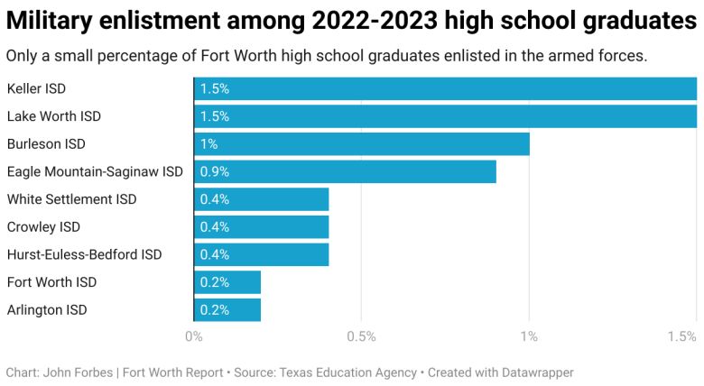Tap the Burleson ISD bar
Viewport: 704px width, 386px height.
[361, 144]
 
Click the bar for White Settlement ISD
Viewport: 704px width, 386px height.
[261, 199]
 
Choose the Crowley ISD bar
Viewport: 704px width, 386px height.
[261, 227]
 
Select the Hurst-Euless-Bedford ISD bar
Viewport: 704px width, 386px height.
[261, 254]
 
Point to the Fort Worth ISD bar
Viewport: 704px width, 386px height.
[227, 282]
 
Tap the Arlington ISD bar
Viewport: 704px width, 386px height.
[227, 310]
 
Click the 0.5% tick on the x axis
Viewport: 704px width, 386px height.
[361, 337]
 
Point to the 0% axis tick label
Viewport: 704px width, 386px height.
[193, 337]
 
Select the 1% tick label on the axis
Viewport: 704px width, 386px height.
[529, 337]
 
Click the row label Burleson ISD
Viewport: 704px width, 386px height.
[46, 144]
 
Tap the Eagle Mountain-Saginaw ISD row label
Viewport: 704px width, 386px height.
[95, 171]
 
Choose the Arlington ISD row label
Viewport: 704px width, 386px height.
[47, 310]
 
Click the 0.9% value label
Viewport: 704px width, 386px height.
[215, 171]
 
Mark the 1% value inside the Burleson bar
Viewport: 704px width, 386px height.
[208, 144]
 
